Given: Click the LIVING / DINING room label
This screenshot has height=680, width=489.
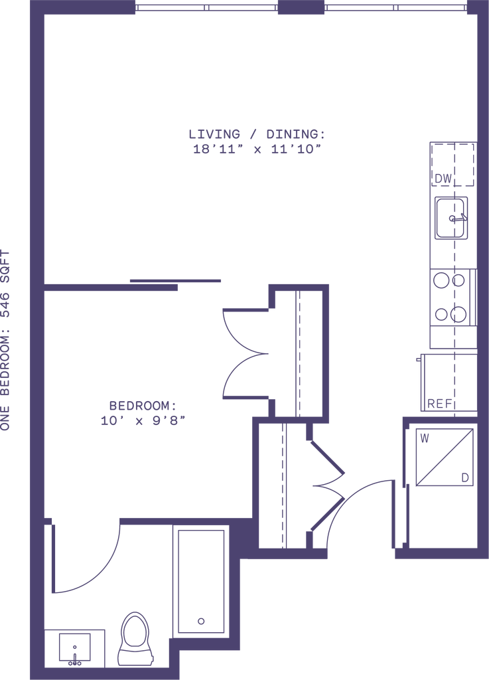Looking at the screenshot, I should pos(257,133).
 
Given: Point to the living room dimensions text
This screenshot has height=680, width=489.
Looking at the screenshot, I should pos(257,149).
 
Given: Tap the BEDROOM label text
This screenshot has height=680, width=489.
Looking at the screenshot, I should pos(141,404).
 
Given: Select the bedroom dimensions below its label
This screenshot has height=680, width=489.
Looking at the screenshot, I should pos(143,419).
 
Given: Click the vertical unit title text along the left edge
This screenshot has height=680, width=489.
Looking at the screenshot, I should pos(7,340).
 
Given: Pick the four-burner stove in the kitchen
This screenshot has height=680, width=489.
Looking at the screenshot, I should pos(449,297).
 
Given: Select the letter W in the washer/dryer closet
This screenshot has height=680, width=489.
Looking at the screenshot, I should pos(425,437).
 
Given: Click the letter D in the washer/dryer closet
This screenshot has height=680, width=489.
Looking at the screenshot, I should pos(464,475).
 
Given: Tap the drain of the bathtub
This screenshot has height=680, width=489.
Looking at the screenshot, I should pos(201,622).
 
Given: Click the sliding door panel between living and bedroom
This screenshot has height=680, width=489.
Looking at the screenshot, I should pos(175,280).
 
